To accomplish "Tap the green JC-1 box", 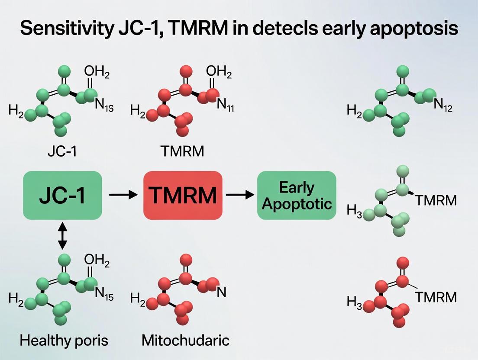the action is [x=62, y=195].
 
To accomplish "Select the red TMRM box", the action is [x=183, y=195].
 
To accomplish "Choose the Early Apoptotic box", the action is [x=297, y=195].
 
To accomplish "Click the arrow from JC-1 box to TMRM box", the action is [x=123, y=195].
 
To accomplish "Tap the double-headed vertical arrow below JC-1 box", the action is [x=63, y=236].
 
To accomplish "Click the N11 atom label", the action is [x=225, y=105].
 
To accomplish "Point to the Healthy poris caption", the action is [x=63, y=341].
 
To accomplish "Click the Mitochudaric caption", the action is [x=185, y=341].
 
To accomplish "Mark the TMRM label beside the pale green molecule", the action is [x=436, y=200].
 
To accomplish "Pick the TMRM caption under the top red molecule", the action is [x=182, y=151].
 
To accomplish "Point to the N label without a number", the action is [x=222, y=292].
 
